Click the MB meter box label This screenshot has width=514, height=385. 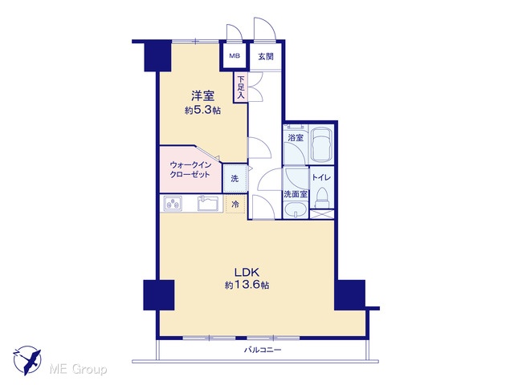(235, 56)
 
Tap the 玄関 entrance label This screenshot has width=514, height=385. (266, 56)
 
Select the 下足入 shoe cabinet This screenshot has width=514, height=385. (241, 87)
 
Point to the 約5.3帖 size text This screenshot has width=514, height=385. (202, 111)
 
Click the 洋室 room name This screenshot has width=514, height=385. (203, 96)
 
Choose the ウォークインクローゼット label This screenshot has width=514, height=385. (190, 169)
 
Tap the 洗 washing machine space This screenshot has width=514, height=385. (235, 178)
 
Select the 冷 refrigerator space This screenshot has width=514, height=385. (235, 205)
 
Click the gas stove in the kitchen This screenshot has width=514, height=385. (173, 204)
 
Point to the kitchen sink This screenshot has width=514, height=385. (209, 203)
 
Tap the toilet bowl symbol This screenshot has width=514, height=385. (322, 198)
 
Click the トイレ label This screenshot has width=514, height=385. (321, 178)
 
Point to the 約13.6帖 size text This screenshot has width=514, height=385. (247, 286)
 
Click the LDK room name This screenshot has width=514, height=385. (247, 272)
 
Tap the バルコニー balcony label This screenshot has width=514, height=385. (263, 350)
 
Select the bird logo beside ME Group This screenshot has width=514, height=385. (27, 360)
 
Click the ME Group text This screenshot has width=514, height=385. (78, 370)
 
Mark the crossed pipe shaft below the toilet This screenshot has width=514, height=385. (322, 214)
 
